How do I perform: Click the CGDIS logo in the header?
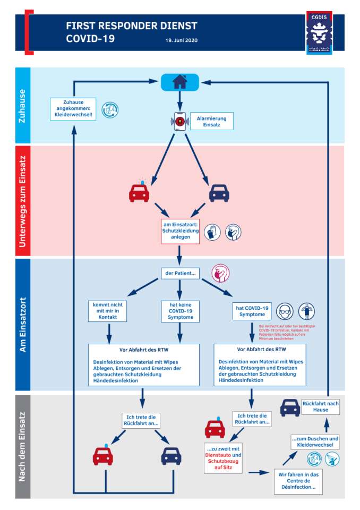[x=320, y=33]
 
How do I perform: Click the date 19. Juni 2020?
[x=182, y=40]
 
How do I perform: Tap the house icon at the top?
[x=180, y=82]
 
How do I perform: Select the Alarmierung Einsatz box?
[x=211, y=122]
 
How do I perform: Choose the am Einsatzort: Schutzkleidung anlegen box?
[x=180, y=231]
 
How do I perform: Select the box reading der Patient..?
[x=179, y=274]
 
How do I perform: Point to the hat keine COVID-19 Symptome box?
[x=180, y=311]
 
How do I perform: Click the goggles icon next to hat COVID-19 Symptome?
[x=285, y=311]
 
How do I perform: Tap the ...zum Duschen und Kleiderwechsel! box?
[x=315, y=443]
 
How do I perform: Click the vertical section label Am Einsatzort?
[x=23, y=325]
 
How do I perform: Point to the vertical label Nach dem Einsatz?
[x=23, y=446]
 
